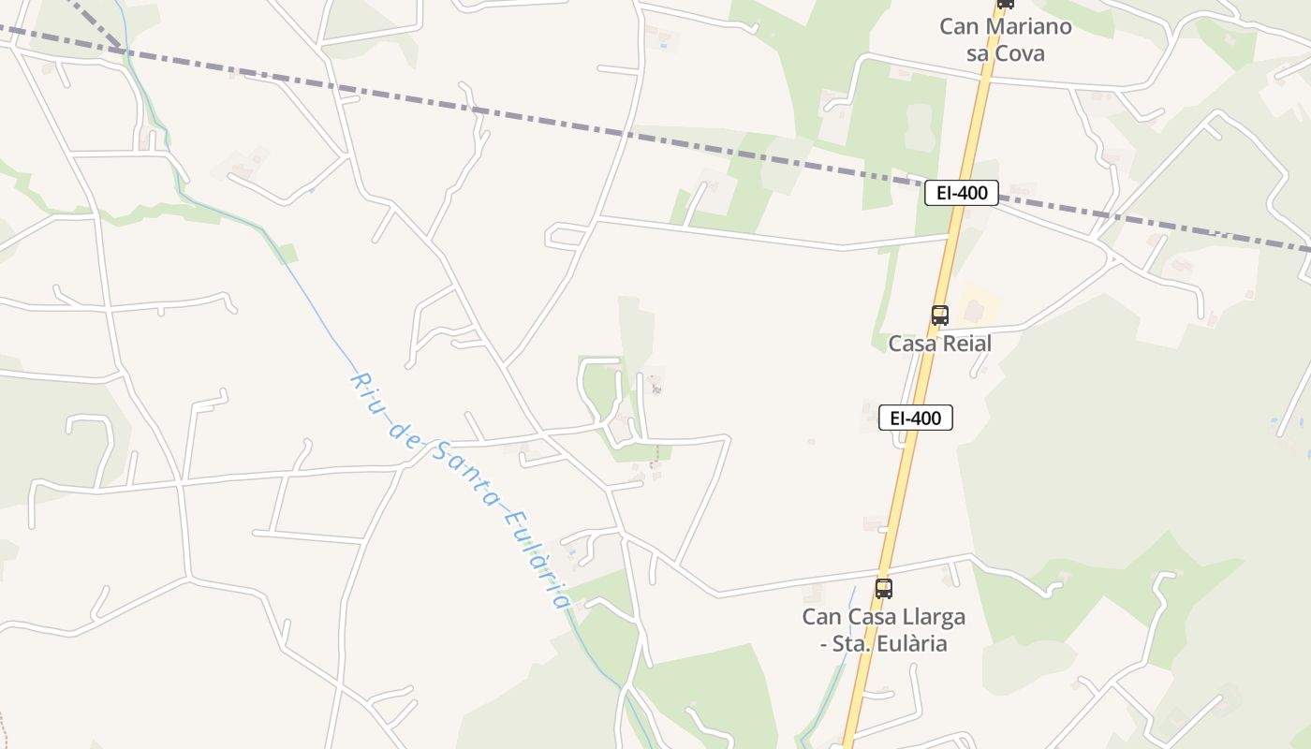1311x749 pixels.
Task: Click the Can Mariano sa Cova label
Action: coord(1005,39)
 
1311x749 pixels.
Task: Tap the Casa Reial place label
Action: coord(939,344)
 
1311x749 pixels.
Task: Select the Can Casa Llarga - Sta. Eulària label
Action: coord(883,630)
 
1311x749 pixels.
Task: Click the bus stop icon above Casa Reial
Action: coord(940,316)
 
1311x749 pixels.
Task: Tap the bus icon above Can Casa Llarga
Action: coord(883,589)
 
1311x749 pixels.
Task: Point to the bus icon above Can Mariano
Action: coord(1005,4)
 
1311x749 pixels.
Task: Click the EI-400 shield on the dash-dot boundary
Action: coord(961,193)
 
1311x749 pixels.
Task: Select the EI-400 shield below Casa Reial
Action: coord(915,418)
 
